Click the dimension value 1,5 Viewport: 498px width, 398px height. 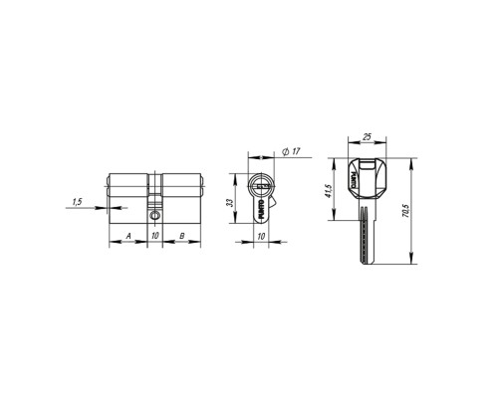(77, 203)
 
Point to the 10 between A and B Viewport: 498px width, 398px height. (154, 235)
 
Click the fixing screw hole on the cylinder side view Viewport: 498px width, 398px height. (154, 213)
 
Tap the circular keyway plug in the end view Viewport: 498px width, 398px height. (262, 185)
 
